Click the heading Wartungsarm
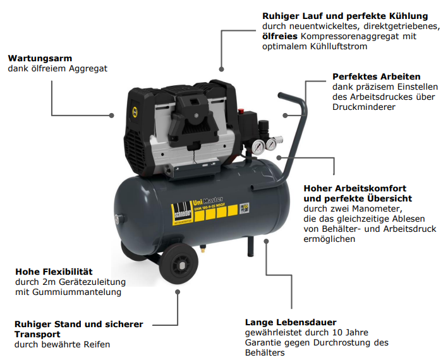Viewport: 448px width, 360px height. pyautogui.click(x=40, y=58)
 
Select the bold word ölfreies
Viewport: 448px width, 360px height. pyautogui.click(x=280, y=36)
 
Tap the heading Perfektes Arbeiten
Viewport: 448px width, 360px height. pyautogui.click(x=377, y=76)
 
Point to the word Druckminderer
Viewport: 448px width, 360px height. pyautogui.click(x=364, y=107)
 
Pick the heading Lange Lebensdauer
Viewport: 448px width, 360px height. pyautogui.click(x=291, y=322)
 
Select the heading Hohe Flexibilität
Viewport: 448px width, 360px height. pyautogui.click(x=54, y=272)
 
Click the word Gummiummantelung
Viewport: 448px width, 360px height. pyautogui.click(x=77, y=292)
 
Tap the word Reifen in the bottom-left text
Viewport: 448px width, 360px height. pyautogui.click(x=97, y=344)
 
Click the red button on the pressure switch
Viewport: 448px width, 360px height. pyautogui.click(x=241, y=110)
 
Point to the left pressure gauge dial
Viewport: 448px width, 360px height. pyautogui.click(x=258, y=146)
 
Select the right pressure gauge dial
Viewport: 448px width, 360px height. pyautogui.click(x=270, y=144)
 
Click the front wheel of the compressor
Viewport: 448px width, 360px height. pyautogui.click(x=178, y=264)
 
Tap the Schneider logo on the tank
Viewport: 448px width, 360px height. pyautogui.click(x=182, y=213)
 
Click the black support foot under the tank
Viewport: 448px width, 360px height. pyautogui.click(x=251, y=246)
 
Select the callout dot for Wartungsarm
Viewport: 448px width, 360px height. pyautogui.click(x=111, y=116)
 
